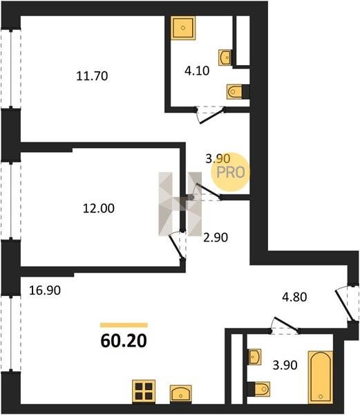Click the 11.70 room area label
coord(92,76)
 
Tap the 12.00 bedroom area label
coord(99,209)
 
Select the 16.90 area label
coord(45,290)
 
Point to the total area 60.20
coord(124,341)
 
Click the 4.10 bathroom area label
coord(197,71)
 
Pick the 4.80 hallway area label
coord(294,297)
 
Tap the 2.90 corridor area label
coord(216,237)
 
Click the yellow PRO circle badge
coord(231,172)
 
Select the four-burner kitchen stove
coord(144,391)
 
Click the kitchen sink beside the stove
coord(181,394)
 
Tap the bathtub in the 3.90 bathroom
coord(321,377)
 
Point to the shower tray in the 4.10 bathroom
coord(183,28)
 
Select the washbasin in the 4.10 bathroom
coord(225,57)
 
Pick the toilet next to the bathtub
coord(258,389)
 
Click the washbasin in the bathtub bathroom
coord(254,356)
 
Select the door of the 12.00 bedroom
coord(177,246)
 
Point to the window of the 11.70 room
coord(10,68)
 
